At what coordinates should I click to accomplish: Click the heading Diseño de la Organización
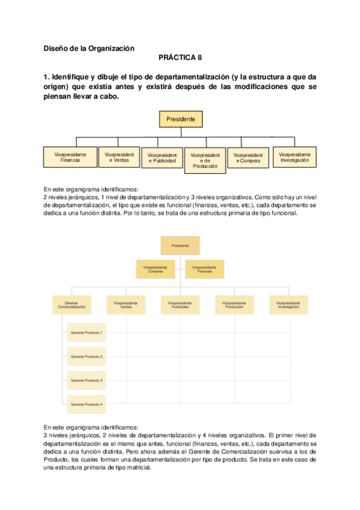tap(90, 48)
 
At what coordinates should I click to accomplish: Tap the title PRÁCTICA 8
tap(180, 58)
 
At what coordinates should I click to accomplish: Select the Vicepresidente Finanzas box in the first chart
tap(70, 158)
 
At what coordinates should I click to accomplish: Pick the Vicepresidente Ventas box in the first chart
tap(119, 157)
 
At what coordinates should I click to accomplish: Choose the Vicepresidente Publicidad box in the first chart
tap(162, 158)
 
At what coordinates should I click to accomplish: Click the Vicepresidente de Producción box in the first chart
tap(205, 160)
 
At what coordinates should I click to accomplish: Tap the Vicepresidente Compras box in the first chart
tap(248, 158)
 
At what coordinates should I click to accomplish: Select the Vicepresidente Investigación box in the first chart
tap(294, 157)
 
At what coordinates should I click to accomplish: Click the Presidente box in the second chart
tap(180, 246)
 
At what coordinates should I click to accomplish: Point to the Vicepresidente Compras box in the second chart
tap(156, 269)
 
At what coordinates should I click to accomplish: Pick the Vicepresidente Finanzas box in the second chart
tap(204, 269)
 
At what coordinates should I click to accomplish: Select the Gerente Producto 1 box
tap(87, 333)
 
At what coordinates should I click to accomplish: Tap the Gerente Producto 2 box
tap(87, 357)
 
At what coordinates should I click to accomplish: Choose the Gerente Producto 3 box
tap(87, 380)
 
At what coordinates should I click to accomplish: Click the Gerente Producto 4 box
tap(87, 404)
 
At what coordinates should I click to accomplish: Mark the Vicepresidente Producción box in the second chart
tap(234, 304)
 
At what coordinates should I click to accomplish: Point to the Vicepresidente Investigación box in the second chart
tap(288, 304)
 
